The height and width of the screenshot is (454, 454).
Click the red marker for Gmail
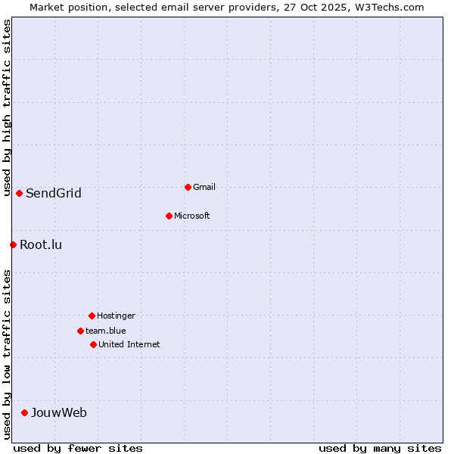[188, 187]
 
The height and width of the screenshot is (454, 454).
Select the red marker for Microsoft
[169, 216]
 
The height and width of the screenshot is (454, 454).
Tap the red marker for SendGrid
[19, 193]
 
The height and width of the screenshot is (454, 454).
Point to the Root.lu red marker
[13, 244]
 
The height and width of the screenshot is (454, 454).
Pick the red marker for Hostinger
[92, 316]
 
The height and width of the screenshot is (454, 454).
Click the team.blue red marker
[80, 331]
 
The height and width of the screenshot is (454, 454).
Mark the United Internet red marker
[93, 344]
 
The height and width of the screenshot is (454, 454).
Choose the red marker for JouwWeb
[24, 412]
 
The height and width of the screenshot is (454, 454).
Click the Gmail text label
[204, 187]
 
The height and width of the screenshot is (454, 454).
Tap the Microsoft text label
[192, 216]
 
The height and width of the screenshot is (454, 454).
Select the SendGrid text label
[54, 193]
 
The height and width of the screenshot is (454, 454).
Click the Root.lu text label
[41, 244]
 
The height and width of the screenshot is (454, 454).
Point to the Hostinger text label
[116, 316]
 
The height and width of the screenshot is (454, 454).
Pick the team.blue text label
[106, 331]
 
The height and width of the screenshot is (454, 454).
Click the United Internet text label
[129, 344]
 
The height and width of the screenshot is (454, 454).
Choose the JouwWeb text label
[59, 412]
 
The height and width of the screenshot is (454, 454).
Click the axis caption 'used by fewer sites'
[78, 448]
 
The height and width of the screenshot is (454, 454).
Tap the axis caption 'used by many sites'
[380, 448]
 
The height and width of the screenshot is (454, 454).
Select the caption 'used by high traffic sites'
[8, 108]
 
